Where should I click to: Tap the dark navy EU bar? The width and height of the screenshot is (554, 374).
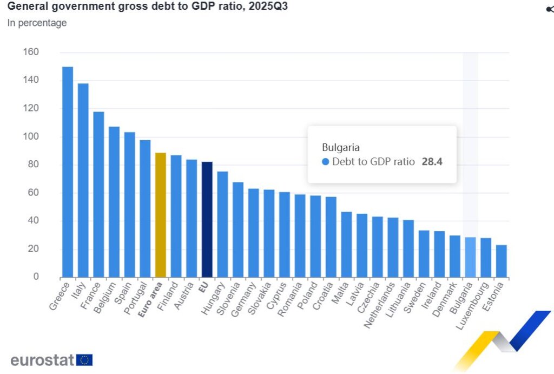click(x=207, y=219)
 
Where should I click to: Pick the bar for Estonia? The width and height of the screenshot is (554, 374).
click(x=502, y=261)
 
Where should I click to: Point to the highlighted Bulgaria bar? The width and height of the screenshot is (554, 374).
click(x=470, y=257)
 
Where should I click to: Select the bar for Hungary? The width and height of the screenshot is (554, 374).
click(x=222, y=224)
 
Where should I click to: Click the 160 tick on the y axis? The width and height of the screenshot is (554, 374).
click(x=31, y=52)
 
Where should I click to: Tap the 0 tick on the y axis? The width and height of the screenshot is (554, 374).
click(x=36, y=277)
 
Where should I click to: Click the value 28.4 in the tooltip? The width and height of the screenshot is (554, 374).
click(x=432, y=161)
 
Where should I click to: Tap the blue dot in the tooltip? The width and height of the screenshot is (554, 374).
click(x=325, y=162)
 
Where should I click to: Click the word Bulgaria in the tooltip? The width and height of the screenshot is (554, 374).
click(x=341, y=147)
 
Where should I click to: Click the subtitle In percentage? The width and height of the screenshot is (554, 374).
click(x=37, y=23)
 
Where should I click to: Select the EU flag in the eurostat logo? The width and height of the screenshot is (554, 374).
click(x=84, y=360)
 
